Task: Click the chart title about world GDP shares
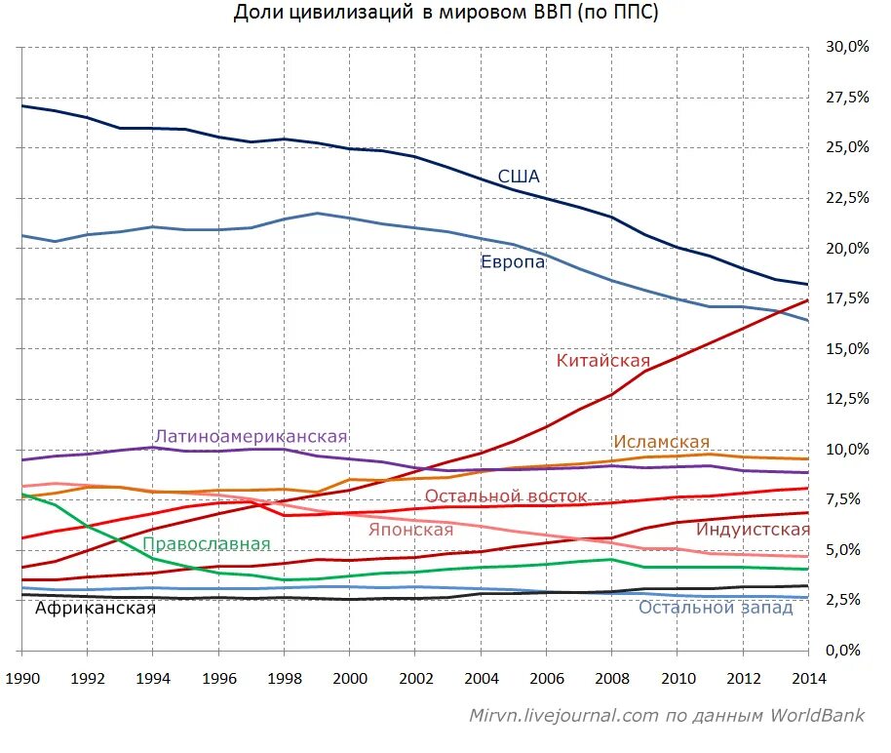[x=445, y=13]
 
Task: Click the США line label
[x=519, y=177]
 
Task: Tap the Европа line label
[x=513, y=261]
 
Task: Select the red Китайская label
[x=602, y=360]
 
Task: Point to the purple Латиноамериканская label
[x=251, y=436]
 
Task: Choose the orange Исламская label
[x=661, y=443]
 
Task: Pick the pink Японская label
[x=410, y=530]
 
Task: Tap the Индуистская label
[x=753, y=530]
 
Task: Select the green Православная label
[x=207, y=544]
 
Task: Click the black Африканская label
[x=96, y=608]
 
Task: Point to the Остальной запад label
[x=716, y=608]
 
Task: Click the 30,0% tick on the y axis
[x=845, y=47]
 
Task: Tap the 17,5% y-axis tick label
[x=845, y=297]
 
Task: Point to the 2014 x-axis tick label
[x=808, y=678]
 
